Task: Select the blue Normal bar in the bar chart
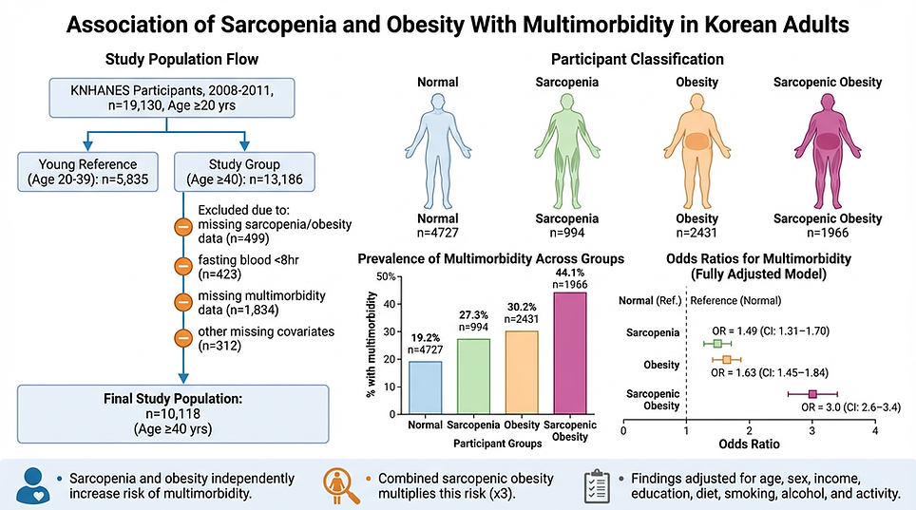pos(426,387)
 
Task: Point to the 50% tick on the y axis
pos(388,276)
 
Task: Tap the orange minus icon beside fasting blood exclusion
pos(183,266)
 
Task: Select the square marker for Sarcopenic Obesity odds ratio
pos(812,393)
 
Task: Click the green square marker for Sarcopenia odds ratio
pos(717,344)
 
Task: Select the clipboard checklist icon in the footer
pos(595,484)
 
